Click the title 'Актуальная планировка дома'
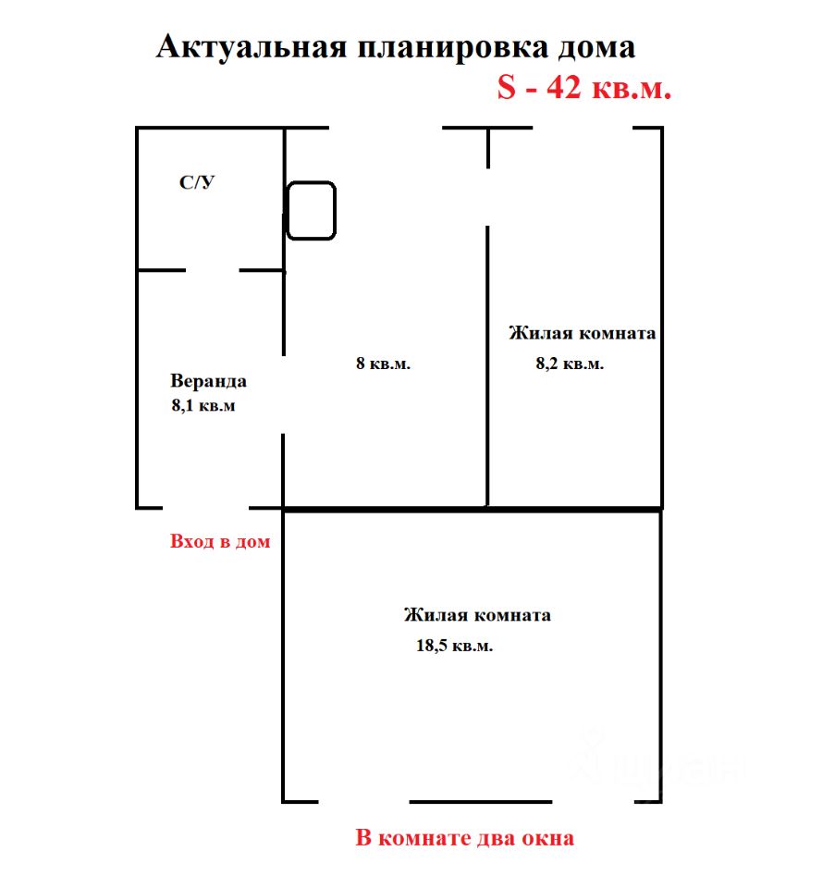[395, 48]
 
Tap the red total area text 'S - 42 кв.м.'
[583, 88]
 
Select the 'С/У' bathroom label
[197, 183]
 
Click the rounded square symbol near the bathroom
[311, 210]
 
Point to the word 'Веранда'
[209, 381]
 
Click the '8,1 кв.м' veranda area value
[203, 405]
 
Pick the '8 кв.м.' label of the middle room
[383, 364]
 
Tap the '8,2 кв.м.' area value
[570, 364]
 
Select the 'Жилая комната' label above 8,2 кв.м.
[582, 333]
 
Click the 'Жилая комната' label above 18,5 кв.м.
[477, 614]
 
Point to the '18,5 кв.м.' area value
[454, 646]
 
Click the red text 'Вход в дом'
[220, 541]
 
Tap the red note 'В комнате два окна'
[465, 839]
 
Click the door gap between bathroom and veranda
[213, 270]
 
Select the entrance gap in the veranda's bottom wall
[206, 507]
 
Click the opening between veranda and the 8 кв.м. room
[283, 392]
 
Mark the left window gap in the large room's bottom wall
[362, 801]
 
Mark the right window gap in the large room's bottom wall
[594, 801]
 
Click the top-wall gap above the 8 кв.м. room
[386, 128]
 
